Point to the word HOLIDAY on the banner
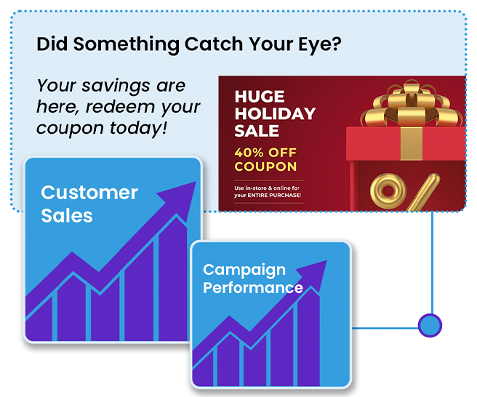click(275, 113)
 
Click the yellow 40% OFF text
click(265, 153)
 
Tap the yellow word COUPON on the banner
click(265, 167)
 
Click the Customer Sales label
click(89, 204)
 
